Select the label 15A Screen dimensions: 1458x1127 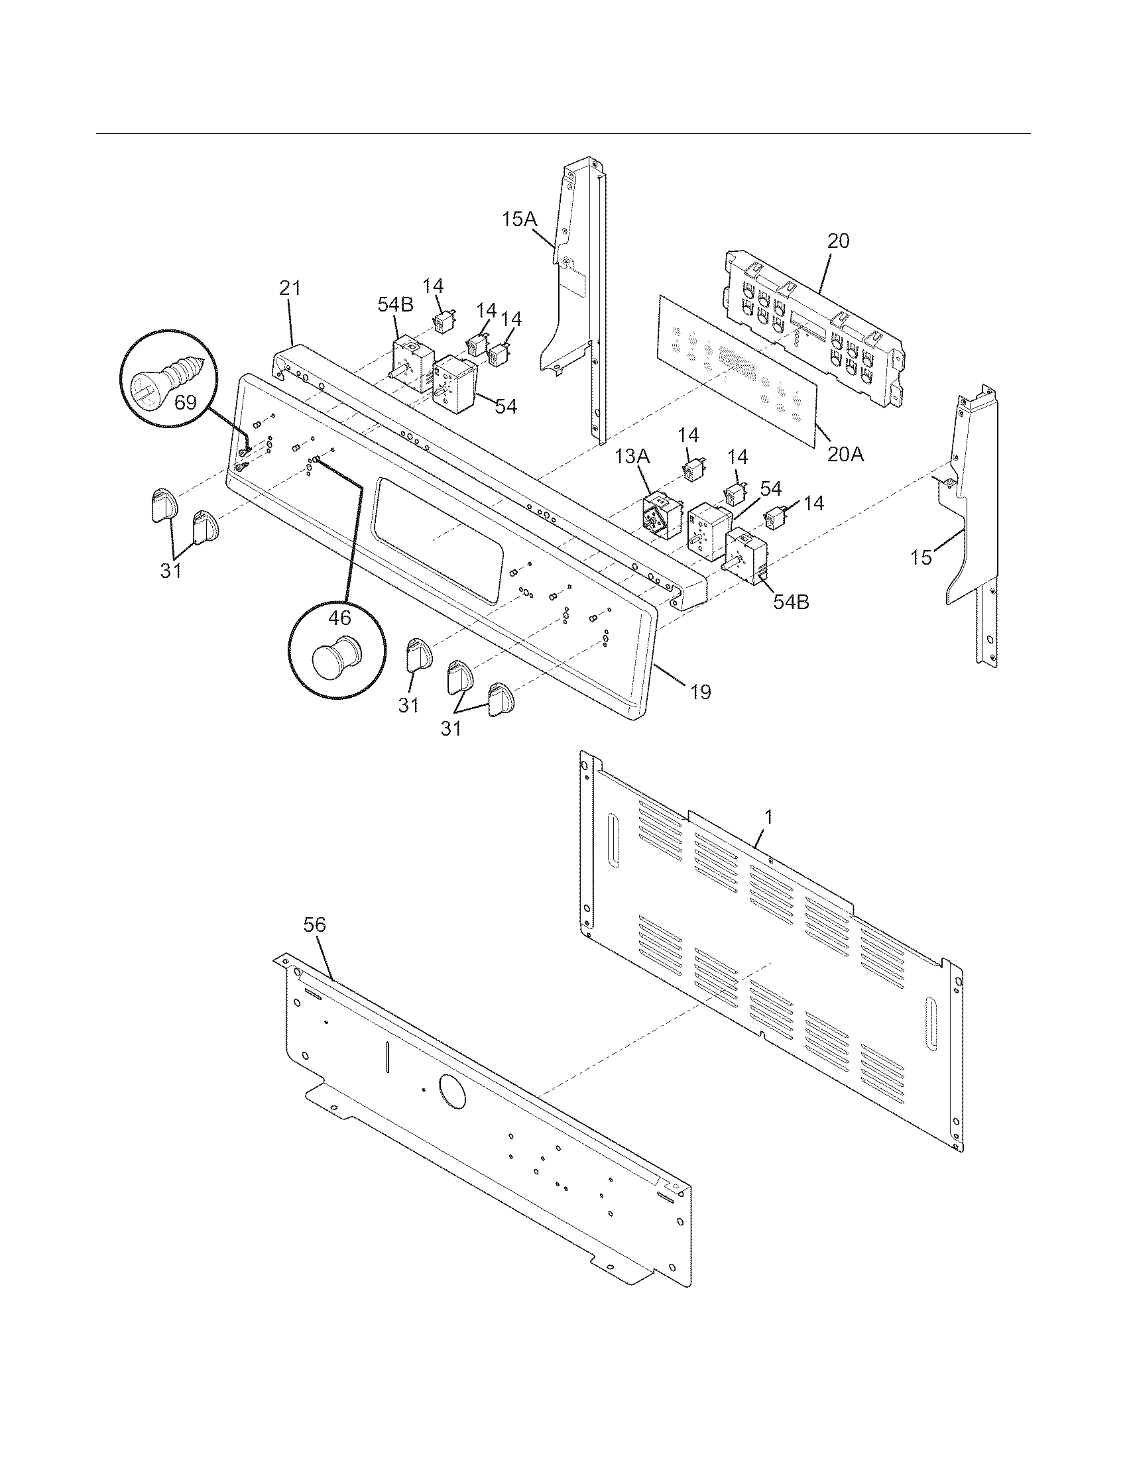[x=520, y=219]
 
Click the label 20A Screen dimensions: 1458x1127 [x=845, y=455]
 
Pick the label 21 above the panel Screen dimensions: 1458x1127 [x=290, y=288]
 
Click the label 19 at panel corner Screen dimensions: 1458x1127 [x=699, y=692]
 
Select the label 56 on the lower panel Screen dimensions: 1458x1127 [x=314, y=925]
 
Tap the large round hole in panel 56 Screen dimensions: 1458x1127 [x=452, y=1093]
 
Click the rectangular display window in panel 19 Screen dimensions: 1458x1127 [x=438, y=539]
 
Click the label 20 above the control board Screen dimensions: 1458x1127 [x=839, y=241]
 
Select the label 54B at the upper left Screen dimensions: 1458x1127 [x=395, y=305]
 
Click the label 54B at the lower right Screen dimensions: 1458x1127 [x=791, y=602]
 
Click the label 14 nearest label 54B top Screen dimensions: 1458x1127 [x=434, y=286]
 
